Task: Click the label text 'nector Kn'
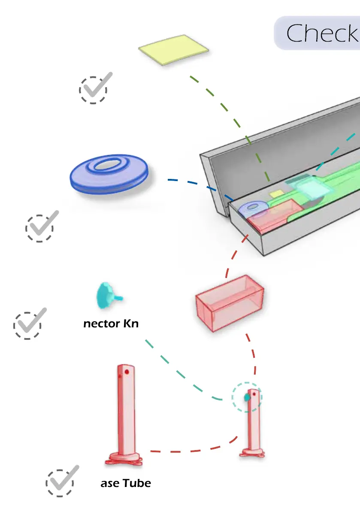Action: (x=111, y=324)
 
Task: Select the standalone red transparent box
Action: (x=229, y=303)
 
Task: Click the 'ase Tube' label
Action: (x=126, y=483)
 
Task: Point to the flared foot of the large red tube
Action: (x=124, y=459)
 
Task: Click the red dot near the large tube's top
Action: (x=127, y=372)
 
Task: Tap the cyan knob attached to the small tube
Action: (x=247, y=397)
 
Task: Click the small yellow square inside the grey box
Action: (x=275, y=194)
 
